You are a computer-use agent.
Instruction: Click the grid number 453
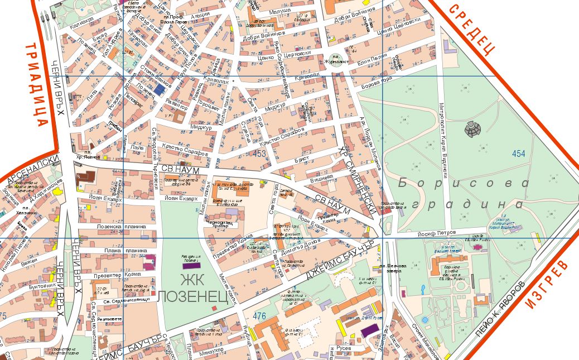pyautogui.click(x=259, y=153)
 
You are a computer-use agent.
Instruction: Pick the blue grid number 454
pyautogui.click(x=519, y=154)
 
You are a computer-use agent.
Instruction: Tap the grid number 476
pyautogui.click(x=259, y=316)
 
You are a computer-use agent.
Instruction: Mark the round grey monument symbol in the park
pyautogui.click(x=472, y=129)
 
